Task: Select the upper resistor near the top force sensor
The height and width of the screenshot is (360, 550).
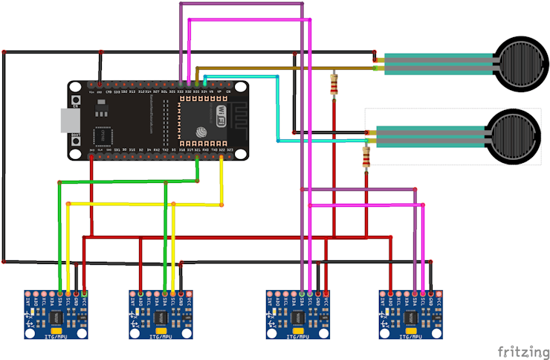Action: (334, 86)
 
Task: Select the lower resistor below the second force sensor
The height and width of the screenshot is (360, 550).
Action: (366, 157)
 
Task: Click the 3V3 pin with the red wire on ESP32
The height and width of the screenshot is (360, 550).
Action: (91, 158)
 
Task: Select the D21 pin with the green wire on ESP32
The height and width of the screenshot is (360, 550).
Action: (197, 158)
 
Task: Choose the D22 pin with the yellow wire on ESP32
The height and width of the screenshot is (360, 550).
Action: (221, 158)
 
